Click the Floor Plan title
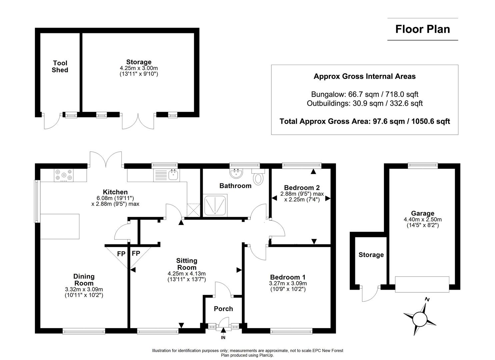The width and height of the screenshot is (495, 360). pyautogui.click(x=422, y=29)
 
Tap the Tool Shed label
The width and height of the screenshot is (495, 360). pyautogui.click(x=60, y=66)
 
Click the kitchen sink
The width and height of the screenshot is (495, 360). pyautogui.click(x=173, y=175)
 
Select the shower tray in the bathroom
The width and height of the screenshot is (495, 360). pyautogui.click(x=215, y=204)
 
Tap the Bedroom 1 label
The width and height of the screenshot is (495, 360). pyautogui.click(x=288, y=277)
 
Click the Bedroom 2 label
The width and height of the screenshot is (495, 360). pyautogui.click(x=302, y=188)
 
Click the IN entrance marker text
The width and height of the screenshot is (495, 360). pyautogui.click(x=223, y=338)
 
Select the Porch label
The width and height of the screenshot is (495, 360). pyautogui.click(x=223, y=309)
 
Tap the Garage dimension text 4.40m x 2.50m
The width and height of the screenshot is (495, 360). pyautogui.click(x=422, y=220)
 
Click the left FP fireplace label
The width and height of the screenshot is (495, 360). pyautogui.click(x=121, y=254)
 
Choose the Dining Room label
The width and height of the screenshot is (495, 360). pyautogui.click(x=84, y=280)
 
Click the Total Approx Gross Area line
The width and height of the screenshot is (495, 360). pyautogui.click(x=365, y=121)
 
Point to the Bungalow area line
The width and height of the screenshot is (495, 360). pyautogui.click(x=365, y=94)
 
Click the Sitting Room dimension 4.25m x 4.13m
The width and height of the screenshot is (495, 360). pyautogui.click(x=187, y=274)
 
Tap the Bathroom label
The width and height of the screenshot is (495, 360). pyautogui.click(x=235, y=186)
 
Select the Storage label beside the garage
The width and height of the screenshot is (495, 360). pyautogui.click(x=371, y=255)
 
